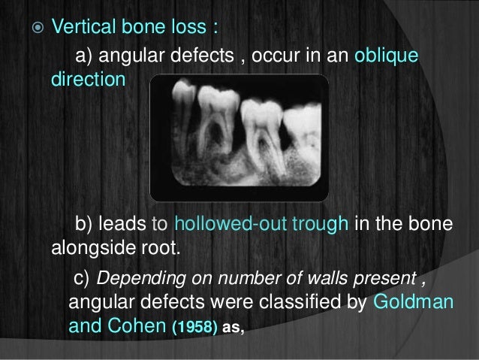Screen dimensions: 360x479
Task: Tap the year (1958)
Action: coord(195,327)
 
